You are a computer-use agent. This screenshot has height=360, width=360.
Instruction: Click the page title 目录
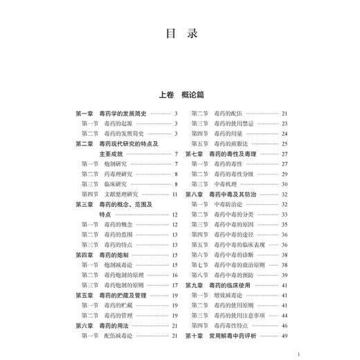[x=179, y=35]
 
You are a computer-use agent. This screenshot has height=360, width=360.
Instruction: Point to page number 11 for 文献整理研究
[x=175, y=195]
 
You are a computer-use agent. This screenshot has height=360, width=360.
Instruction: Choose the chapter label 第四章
[x=86, y=255]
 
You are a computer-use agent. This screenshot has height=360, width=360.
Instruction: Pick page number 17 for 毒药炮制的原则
[x=175, y=285]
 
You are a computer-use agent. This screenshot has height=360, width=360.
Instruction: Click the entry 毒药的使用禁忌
[x=235, y=123]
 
